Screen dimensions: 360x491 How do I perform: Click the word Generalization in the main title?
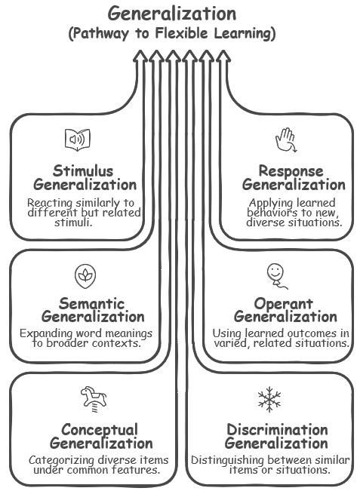172,14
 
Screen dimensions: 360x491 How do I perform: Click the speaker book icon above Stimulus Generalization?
78,140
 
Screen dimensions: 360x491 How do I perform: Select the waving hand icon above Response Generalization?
286,140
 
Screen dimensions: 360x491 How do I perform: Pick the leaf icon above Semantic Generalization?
85,276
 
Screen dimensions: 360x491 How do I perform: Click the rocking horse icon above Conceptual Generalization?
94,399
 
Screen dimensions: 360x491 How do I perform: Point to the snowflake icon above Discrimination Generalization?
269,399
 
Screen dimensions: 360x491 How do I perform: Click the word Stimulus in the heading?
83,171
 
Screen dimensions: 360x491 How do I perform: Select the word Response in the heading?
291,171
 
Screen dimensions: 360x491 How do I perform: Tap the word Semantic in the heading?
92,303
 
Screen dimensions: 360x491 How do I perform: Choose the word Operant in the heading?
283,304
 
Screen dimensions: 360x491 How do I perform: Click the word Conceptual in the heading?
100,430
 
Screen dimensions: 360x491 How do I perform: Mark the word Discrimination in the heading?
277,430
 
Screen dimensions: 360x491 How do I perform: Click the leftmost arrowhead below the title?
140,57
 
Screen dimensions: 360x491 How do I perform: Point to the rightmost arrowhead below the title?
223,57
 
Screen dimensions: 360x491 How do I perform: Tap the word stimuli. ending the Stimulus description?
73,222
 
